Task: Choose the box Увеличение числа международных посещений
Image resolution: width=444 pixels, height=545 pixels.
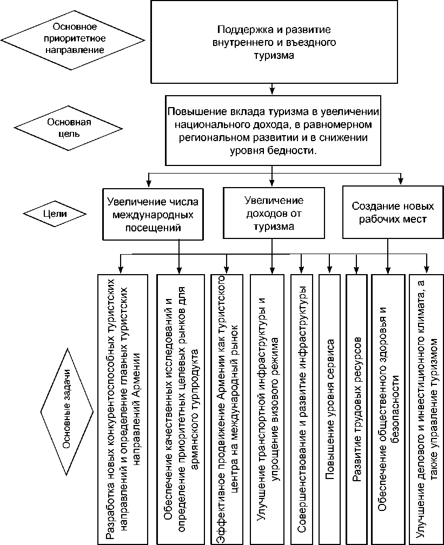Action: click(x=153, y=214)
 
